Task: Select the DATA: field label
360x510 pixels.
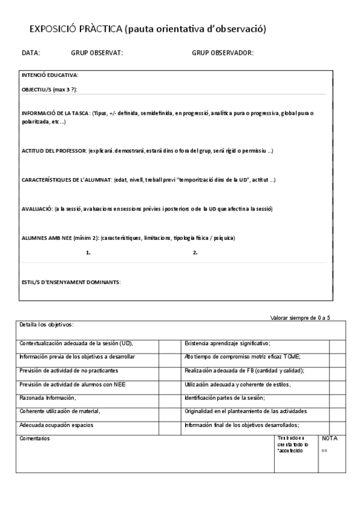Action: coord(31,53)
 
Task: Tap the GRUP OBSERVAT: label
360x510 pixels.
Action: coord(97,53)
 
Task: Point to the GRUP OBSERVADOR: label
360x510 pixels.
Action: coord(222,53)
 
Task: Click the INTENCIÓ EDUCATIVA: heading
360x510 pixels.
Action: coord(50,75)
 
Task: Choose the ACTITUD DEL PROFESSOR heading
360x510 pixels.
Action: coord(54,150)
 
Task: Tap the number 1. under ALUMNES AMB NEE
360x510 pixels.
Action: coord(88,253)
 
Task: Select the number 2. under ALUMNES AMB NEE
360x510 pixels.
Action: coord(195,253)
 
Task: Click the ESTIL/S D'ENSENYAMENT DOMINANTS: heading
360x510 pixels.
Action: coord(71,282)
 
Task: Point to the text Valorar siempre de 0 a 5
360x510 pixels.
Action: coord(301,318)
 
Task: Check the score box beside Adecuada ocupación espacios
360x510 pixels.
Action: coord(166,425)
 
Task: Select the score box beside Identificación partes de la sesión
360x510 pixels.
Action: coord(337,398)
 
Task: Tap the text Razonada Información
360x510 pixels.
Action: coord(48,398)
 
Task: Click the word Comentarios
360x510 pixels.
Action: coord(35,438)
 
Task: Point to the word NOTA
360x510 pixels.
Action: coord(330,438)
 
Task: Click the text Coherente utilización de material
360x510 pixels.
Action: coord(59,411)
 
